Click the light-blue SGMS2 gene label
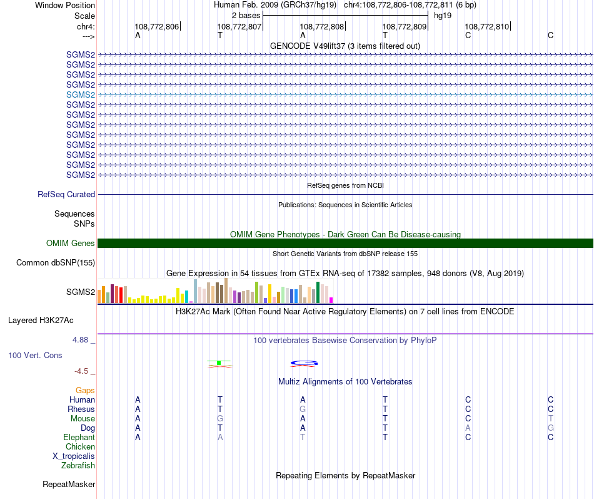[81, 95]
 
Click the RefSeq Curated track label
[66, 195]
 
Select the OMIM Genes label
[71, 244]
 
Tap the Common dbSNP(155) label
[56, 263]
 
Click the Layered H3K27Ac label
[41, 321]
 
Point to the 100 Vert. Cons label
[35, 356]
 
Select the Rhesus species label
[81, 409]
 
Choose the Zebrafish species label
[78, 466]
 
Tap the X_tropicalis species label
[74, 456]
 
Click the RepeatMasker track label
[69, 485]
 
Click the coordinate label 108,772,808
[322, 27]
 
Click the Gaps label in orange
[85, 391]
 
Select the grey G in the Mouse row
[220, 419]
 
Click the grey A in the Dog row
[468, 428]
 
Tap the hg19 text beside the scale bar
[443, 15]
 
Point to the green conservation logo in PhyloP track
[219, 363]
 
